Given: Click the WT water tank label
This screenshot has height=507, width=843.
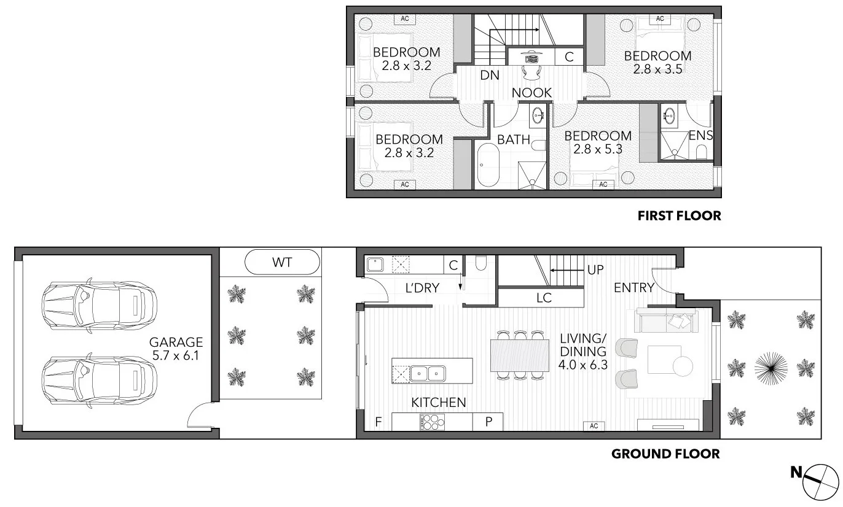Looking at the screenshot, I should point(282,263).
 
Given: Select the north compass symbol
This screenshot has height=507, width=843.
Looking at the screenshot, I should point(820,479).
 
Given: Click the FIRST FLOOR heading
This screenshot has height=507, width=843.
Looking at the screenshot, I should point(679,215).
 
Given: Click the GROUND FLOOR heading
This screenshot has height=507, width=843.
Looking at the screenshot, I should point(665,454).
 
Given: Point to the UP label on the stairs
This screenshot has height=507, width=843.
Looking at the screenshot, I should point(595,269).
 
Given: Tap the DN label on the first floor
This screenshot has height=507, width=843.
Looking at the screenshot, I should point(489,75).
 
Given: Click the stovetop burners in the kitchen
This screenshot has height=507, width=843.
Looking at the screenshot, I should point(433,422).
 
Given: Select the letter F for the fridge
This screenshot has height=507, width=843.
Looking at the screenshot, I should point(378,422).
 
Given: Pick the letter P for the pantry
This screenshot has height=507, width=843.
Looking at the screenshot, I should point(488,422).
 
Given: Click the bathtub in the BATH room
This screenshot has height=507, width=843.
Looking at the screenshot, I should point(489,165).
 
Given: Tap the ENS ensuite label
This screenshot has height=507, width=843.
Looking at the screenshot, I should point(700,135).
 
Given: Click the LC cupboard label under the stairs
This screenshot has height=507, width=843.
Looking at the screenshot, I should point(544,298).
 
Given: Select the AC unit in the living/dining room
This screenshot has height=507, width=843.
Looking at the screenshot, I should point(594,425).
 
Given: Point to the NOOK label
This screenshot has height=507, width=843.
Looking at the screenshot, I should point(532,93).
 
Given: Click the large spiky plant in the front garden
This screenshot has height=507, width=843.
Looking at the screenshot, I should point(770,368).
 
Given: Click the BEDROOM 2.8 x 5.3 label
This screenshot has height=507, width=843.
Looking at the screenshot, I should point(598,142).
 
